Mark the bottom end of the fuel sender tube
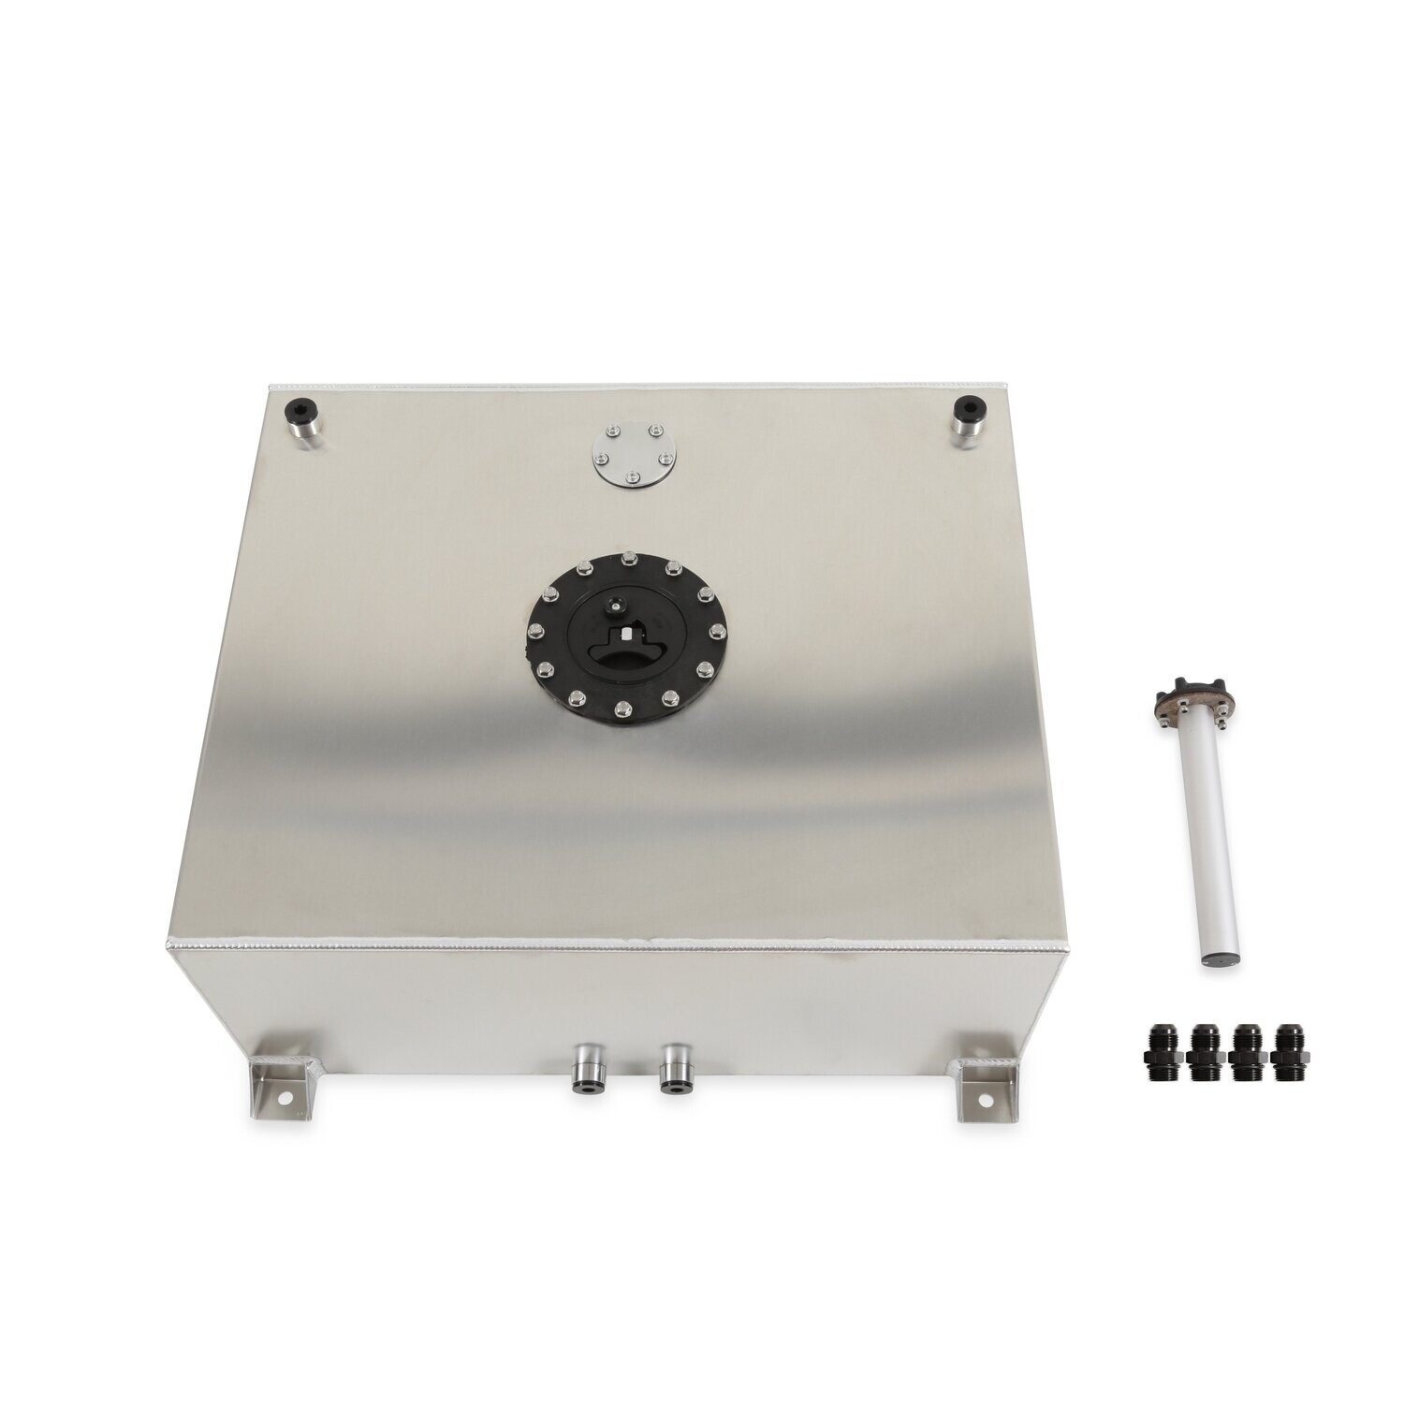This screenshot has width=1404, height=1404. coord(1208,987)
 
